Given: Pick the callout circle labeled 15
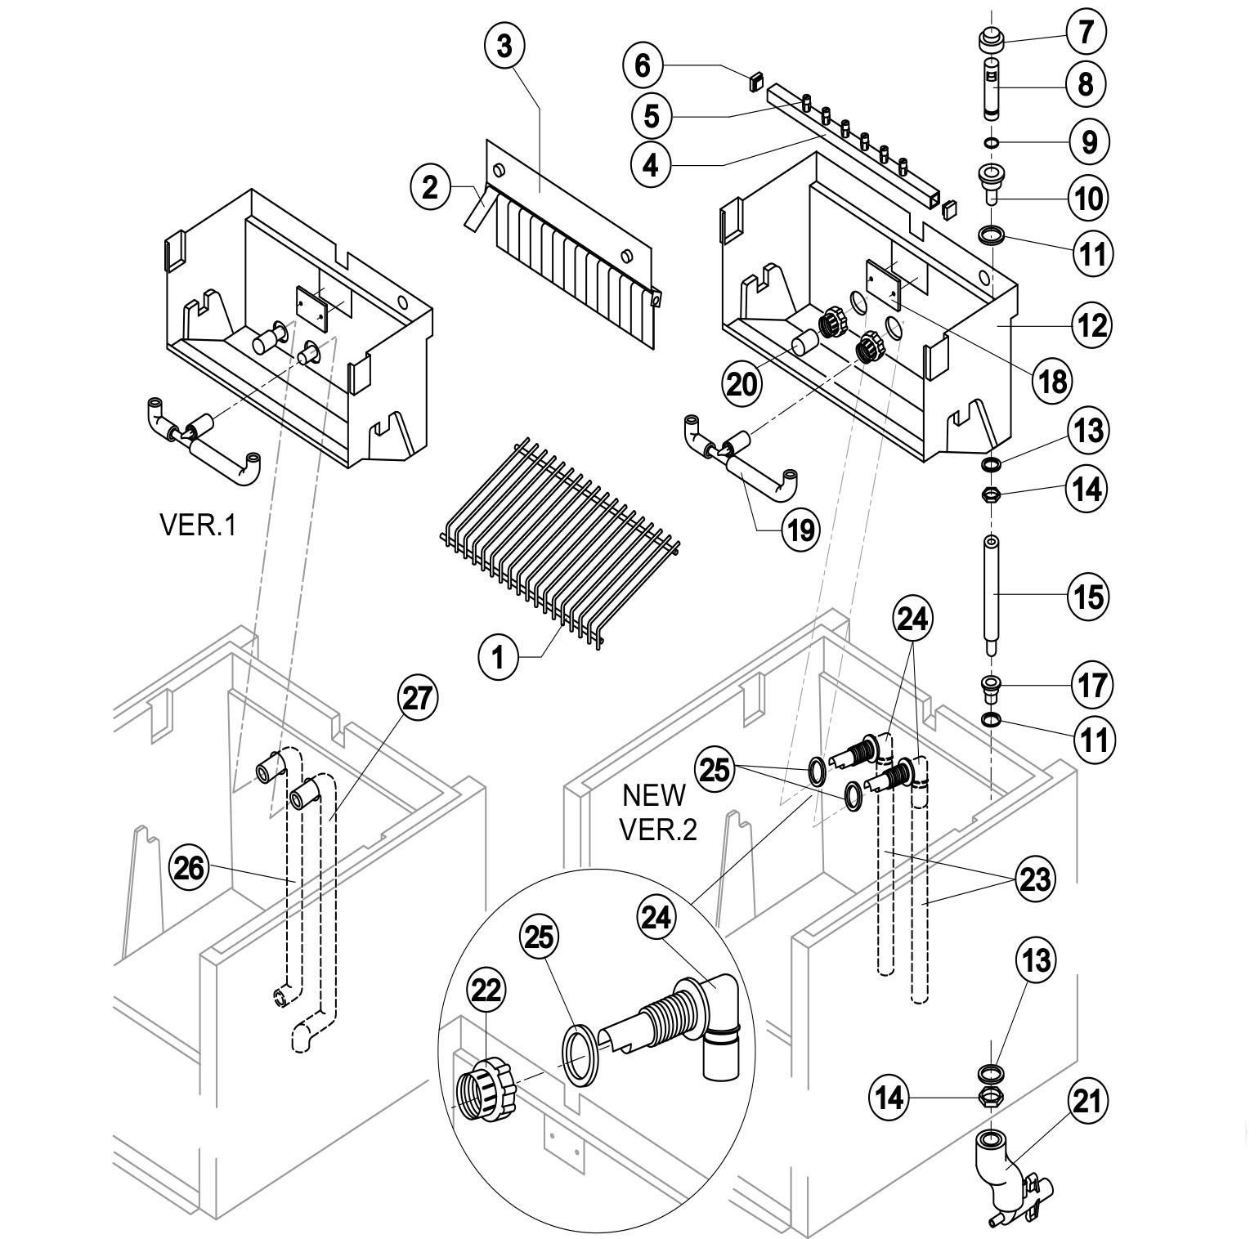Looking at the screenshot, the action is coord(1089,597).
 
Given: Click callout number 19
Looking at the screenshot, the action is coord(799,530).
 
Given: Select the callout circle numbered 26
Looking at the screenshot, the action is coord(190,868).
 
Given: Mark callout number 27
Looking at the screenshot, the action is coord(418,700).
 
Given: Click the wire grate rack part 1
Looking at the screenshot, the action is coord(560,546).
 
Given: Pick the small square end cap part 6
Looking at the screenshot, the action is coord(754,79).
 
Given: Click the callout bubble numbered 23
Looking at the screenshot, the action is coord(1035,879).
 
